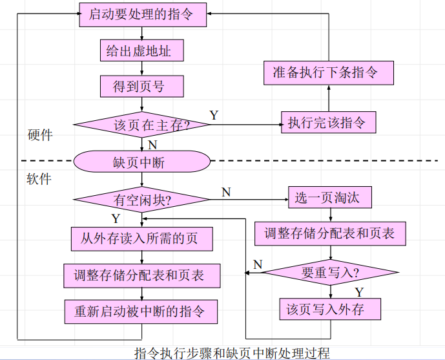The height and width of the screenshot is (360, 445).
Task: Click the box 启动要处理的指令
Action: (x=143, y=13)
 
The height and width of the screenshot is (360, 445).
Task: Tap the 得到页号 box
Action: (x=141, y=86)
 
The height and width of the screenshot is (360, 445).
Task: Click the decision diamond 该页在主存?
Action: (x=141, y=124)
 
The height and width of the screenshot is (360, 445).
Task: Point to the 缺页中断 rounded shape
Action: (x=141, y=162)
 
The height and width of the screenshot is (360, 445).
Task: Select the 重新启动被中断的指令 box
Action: (x=141, y=311)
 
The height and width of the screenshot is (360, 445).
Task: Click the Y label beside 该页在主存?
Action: (x=214, y=115)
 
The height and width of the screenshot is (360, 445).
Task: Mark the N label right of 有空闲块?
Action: (x=226, y=192)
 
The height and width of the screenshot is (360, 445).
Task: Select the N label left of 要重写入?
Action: (x=258, y=264)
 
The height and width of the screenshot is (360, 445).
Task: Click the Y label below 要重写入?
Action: (x=359, y=291)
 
